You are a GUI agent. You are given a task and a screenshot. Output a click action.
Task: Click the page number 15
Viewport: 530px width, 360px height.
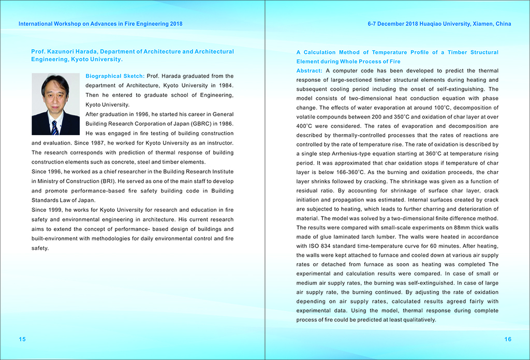(22, 339)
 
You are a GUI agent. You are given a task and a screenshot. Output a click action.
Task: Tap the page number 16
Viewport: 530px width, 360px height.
(508, 339)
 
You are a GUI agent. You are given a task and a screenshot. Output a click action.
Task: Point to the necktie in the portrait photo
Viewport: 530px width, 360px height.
(54, 126)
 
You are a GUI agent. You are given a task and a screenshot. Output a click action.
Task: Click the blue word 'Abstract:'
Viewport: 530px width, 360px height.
(310, 70)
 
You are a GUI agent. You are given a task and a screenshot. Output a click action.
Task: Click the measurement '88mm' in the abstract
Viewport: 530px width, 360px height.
(447, 227)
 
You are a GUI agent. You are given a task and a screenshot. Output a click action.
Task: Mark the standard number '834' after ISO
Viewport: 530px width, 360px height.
(326, 246)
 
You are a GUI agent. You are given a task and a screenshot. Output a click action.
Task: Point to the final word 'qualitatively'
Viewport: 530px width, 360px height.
(420, 320)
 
